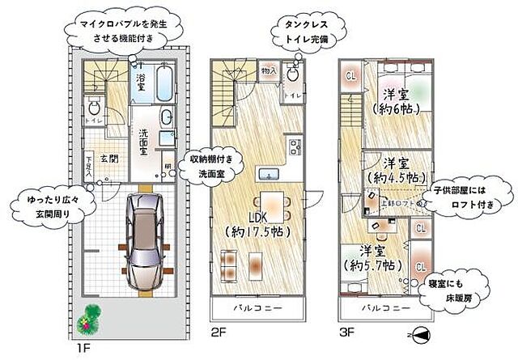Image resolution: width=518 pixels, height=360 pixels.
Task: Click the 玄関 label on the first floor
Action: (x=109, y=159)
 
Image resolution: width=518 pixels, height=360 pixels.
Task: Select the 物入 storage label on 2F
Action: (x=268, y=71)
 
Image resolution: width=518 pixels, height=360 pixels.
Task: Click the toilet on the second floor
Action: (x=293, y=77)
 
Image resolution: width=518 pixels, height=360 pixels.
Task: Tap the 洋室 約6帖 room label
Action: (x=395, y=100)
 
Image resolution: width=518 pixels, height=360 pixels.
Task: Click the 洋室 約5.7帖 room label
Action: (x=375, y=257)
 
